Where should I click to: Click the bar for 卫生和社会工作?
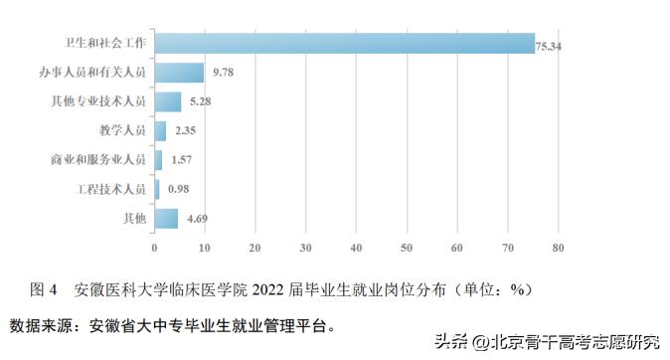[x=344, y=44]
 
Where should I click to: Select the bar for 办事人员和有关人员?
[x=179, y=73]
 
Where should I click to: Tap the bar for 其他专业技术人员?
[x=167, y=101]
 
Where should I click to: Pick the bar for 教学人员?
[x=160, y=130]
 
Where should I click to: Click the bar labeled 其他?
[x=166, y=217]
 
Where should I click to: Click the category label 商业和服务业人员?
[x=98, y=159]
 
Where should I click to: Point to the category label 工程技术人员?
[x=111, y=188]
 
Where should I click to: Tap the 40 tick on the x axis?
[x=356, y=247]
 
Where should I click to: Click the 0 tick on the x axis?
[x=154, y=247]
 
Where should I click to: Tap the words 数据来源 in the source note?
[x=42, y=324]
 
